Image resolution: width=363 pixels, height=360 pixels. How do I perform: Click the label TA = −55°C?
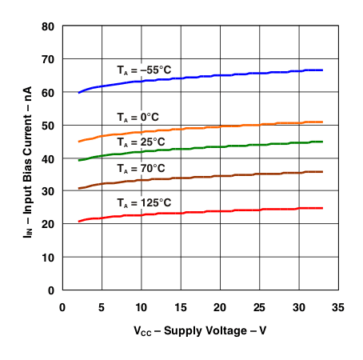[144, 69]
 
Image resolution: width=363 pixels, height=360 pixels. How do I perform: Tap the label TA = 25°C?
[141, 139]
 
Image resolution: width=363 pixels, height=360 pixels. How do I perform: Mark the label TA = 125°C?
[144, 202]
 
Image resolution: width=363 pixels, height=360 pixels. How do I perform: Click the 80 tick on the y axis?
[47, 26]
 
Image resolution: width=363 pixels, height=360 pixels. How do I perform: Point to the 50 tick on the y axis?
[47, 126]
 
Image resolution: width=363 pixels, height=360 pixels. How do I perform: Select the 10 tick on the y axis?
[47, 257]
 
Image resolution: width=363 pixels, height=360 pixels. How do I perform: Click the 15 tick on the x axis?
[180, 306]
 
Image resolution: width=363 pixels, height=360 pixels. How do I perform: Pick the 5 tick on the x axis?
[102, 306]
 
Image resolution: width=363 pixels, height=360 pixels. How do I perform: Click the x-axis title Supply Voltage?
[200, 330]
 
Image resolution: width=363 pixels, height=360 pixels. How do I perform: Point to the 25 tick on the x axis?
[258, 306]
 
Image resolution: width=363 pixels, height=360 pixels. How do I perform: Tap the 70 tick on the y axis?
[47, 59]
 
